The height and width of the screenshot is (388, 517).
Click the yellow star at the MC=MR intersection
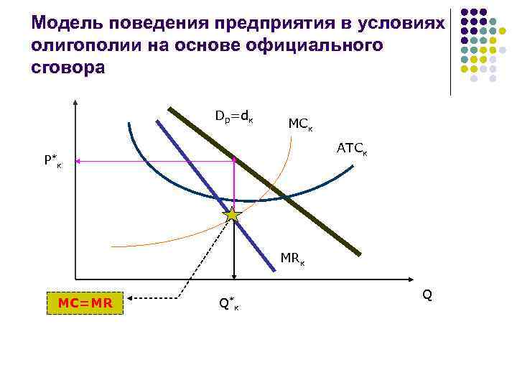(x=233, y=214)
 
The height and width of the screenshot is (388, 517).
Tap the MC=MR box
(x=85, y=302)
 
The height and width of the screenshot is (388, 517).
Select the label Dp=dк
(x=233, y=115)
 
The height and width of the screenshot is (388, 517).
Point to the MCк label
(x=301, y=124)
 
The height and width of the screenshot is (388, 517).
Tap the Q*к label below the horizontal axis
(x=229, y=305)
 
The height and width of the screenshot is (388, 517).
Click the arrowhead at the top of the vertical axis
(x=75, y=101)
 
